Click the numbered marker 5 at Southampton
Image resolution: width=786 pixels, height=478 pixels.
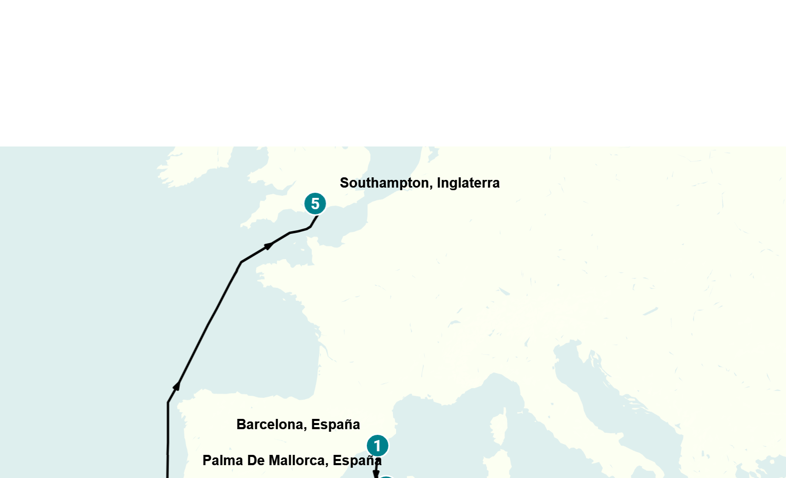click(315, 204)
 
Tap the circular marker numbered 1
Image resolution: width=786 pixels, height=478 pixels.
click(378, 446)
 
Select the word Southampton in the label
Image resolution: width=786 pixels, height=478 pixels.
click(386, 183)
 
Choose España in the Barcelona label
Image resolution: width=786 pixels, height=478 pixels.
click(335, 425)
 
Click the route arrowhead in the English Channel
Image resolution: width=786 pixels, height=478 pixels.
click(269, 246)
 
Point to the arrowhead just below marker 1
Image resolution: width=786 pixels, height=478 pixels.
click(376, 473)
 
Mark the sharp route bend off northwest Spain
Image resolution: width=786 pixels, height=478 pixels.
click(168, 402)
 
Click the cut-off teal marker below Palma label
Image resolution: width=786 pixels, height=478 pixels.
click(385, 476)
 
